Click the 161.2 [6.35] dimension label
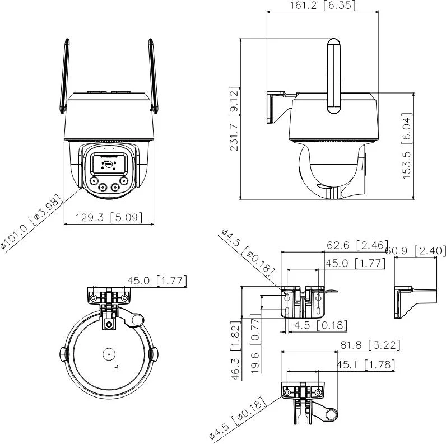[323, 6]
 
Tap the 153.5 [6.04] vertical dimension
[407, 146]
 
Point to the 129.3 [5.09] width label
[110, 217]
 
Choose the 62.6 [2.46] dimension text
[357, 245]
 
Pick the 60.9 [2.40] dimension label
[416, 251]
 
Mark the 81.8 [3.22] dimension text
[370, 345]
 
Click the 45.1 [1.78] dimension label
[365, 366]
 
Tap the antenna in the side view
[333, 76]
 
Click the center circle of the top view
[108, 354]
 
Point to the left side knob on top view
[63, 354]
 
